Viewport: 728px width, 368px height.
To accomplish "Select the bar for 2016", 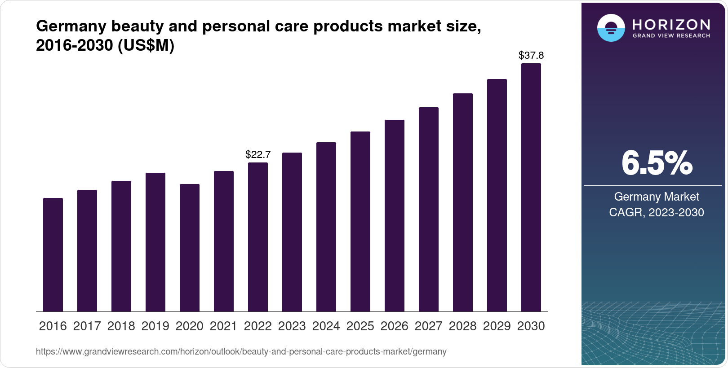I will [x=53, y=254].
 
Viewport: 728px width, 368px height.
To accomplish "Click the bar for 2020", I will [x=190, y=248].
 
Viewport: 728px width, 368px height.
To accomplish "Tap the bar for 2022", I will [x=258, y=237].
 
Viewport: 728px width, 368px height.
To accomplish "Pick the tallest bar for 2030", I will [x=531, y=187].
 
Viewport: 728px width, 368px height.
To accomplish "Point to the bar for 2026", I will [x=395, y=215].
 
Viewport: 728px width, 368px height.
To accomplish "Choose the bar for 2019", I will [x=155, y=242].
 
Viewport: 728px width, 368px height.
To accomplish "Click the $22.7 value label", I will [x=258, y=155].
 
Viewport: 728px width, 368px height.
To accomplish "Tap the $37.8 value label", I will [x=531, y=56].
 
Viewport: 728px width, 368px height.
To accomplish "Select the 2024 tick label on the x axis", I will [x=326, y=326].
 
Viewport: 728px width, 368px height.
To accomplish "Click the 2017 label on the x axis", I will [x=87, y=326].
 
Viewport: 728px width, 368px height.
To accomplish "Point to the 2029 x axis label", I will [x=497, y=326].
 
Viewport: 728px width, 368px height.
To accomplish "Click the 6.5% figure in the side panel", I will [x=657, y=164].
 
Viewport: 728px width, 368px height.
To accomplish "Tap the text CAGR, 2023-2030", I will [x=657, y=212].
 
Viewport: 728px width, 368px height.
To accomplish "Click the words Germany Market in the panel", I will [x=657, y=197].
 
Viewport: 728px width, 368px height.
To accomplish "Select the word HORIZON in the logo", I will [x=671, y=24].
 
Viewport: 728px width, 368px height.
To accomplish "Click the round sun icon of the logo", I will [x=611, y=28].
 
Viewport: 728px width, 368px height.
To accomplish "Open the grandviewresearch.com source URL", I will [x=241, y=352].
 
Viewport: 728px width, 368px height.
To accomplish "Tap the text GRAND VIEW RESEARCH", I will [x=671, y=36].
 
